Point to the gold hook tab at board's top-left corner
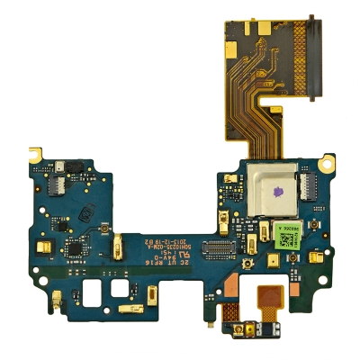point(37,149)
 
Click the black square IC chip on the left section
point(73,247)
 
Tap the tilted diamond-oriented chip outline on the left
point(88,213)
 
